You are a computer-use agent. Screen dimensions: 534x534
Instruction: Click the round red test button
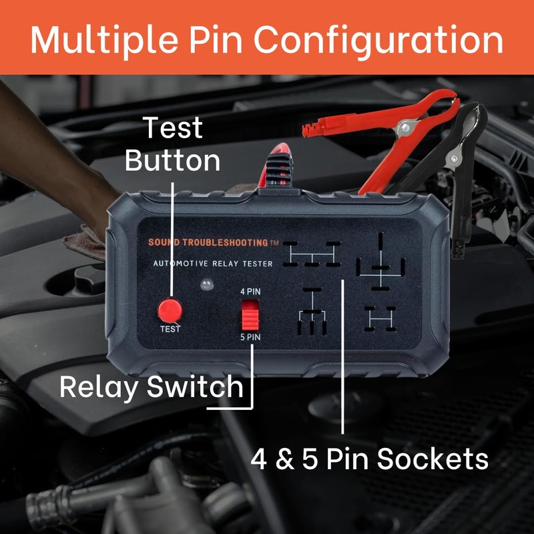[170, 310]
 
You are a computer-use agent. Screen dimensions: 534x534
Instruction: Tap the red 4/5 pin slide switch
[250, 315]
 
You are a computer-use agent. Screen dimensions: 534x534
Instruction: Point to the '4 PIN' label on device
[250, 292]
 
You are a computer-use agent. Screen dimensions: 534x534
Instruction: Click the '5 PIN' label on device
[250, 338]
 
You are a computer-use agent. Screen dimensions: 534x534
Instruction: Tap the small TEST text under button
[170, 329]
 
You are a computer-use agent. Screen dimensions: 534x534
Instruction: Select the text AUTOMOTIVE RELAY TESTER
[212, 264]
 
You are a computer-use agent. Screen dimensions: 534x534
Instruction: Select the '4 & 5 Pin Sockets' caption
[369, 459]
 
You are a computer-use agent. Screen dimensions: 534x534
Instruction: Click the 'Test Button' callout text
[172, 144]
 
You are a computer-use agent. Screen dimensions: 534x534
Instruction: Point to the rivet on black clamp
[455, 159]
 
